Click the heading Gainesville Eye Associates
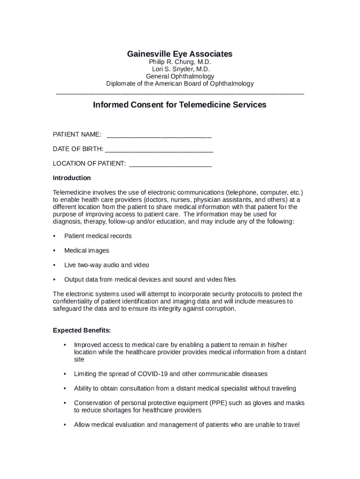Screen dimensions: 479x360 [180, 54]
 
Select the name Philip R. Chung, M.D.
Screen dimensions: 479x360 [180, 62]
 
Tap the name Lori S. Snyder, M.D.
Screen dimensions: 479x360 [180, 69]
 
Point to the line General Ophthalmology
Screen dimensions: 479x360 [180, 76]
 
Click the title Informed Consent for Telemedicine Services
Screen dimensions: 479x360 [180, 105]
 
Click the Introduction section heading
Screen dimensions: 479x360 [72, 178]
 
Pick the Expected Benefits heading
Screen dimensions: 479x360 [82, 330]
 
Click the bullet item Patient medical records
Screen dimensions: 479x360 [98, 236]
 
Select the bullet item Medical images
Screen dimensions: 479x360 [86, 250]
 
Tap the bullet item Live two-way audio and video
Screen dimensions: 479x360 [107, 265]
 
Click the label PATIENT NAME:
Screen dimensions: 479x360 [77, 135]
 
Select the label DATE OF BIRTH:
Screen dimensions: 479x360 [78, 149]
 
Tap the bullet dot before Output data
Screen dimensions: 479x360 [55, 280]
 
